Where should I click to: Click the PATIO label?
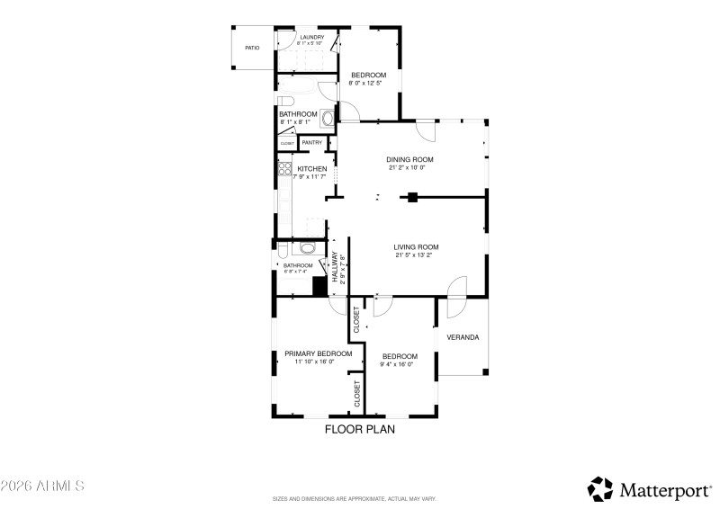pyautogui.click(x=253, y=47)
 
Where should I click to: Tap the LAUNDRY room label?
pyautogui.click(x=312, y=37)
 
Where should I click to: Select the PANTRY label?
pyautogui.click(x=312, y=142)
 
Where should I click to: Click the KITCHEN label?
pyautogui.click(x=311, y=169)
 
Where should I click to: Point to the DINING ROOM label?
pyautogui.click(x=410, y=160)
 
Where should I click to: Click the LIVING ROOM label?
pyautogui.click(x=416, y=247)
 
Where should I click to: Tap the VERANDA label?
pyautogui.click(x=463, y=338)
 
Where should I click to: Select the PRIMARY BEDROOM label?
pyautogui.click(x=318, y=354)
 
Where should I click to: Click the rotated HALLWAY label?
pyautogui.click(x=335, y=268)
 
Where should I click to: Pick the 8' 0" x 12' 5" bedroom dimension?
pyautogui.click(x=368, y=84)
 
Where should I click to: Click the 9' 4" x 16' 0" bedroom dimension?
pyautogui.click(x=399, y=363)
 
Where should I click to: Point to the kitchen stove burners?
pyautogui.click(x=283, y=167)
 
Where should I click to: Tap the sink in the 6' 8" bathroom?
pyautogui.click(x=307, y=249)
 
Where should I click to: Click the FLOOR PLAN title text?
pyautogui.click(x=359, y=430)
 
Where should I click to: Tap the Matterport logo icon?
pyautogui.click(x=600, y=489)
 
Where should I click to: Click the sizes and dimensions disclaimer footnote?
pyautogui.click(x=359, y=497)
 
